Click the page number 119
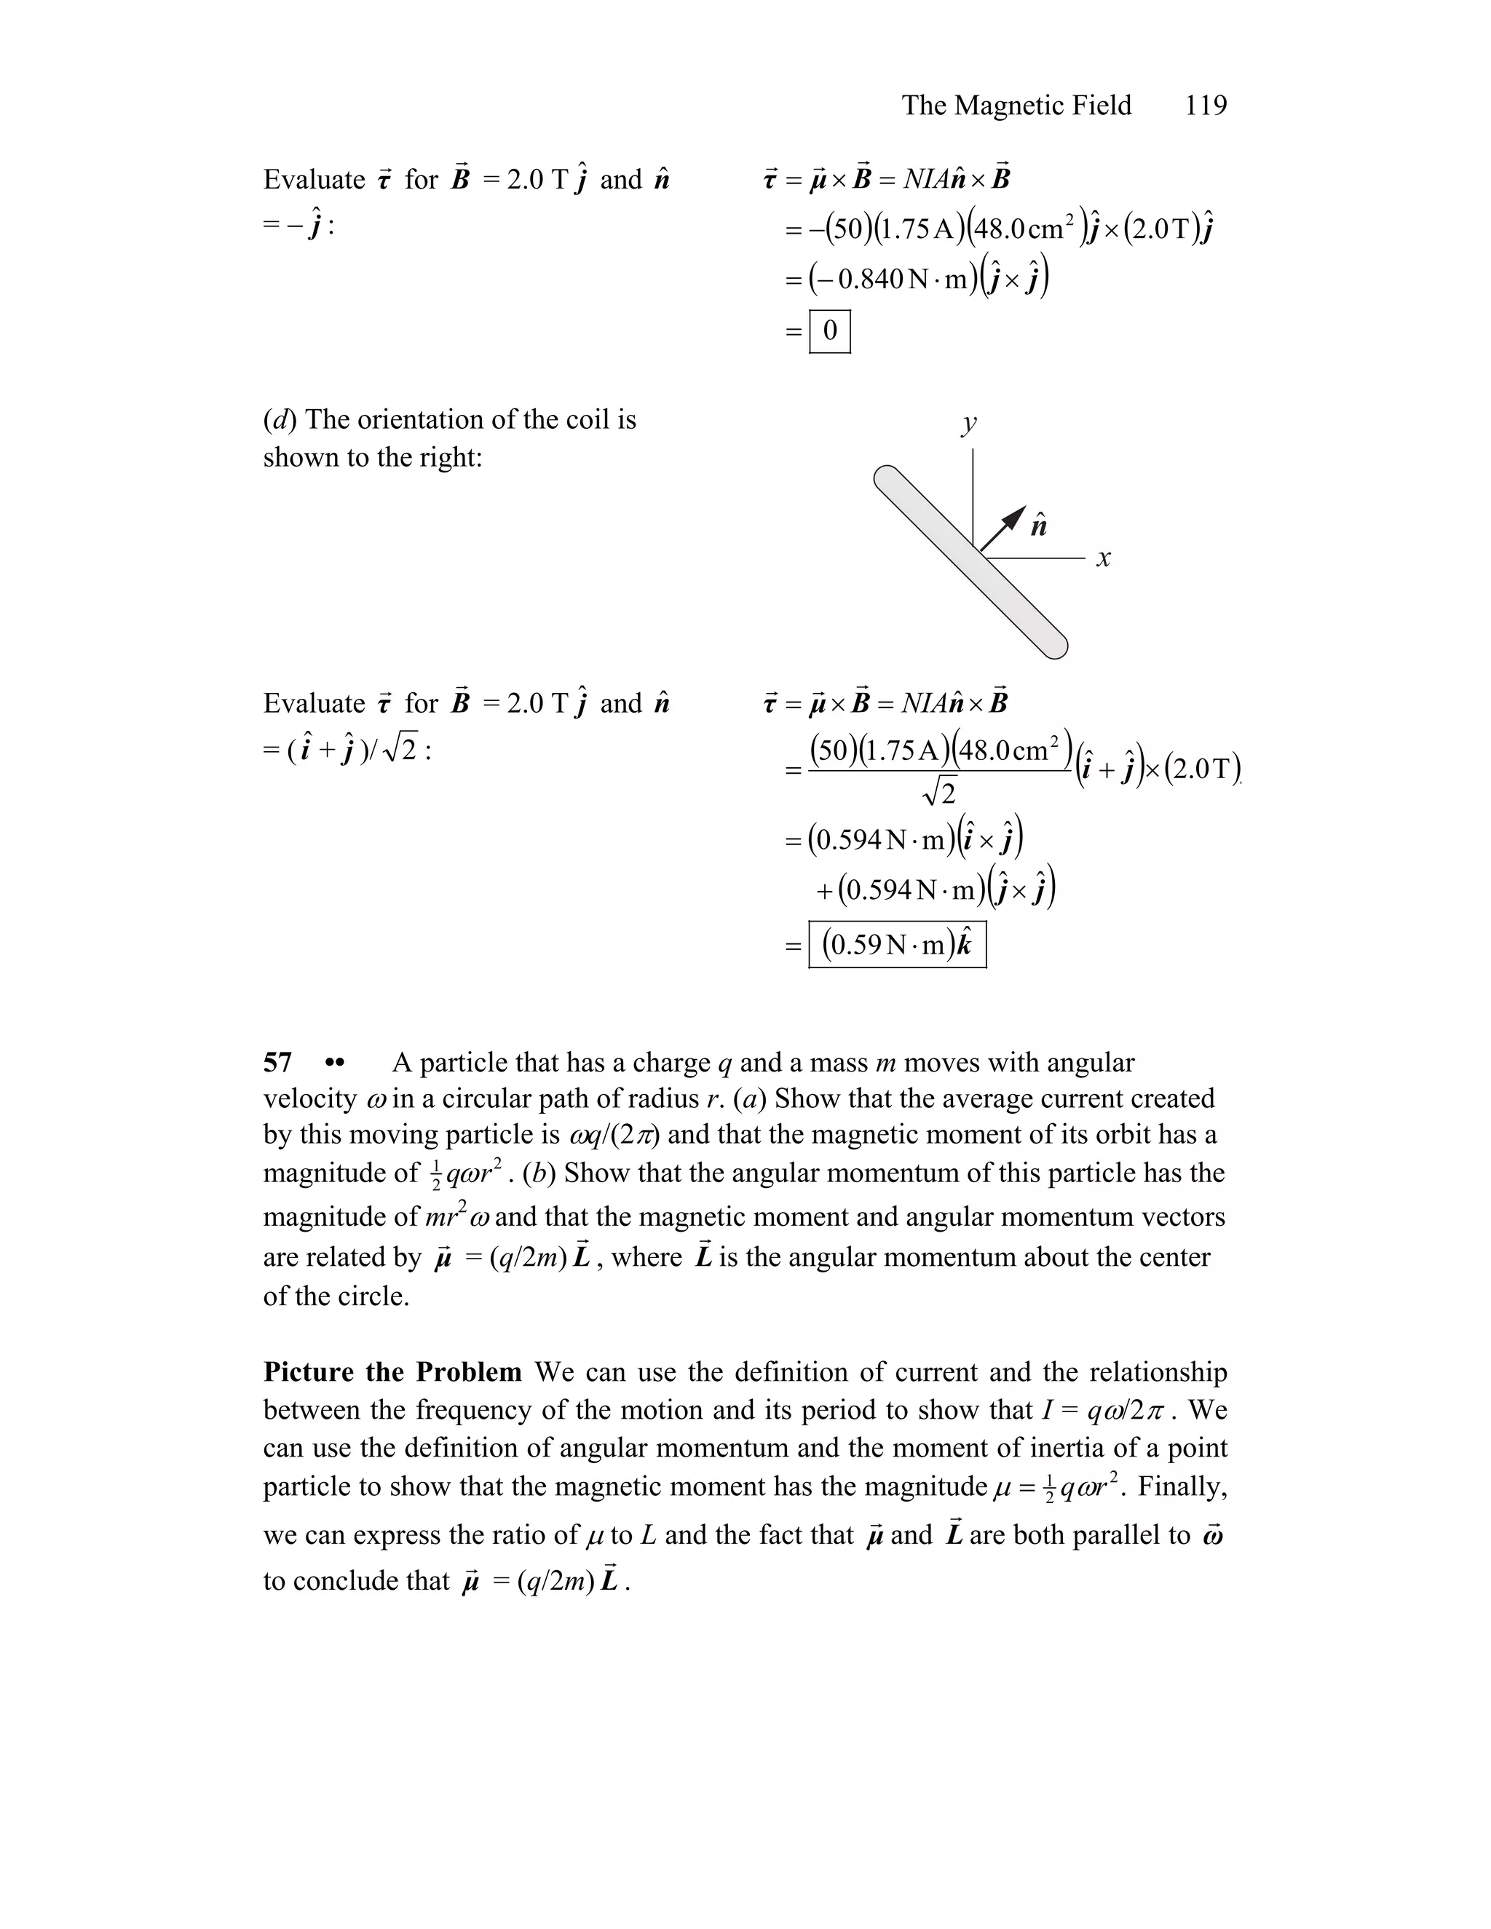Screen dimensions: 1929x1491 pos(1206,105)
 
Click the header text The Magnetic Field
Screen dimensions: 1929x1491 pos(1016,105)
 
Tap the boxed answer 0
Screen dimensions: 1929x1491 pos(829,331)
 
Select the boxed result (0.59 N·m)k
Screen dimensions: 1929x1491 pos(896,945)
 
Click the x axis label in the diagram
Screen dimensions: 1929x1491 pos(1103,558)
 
